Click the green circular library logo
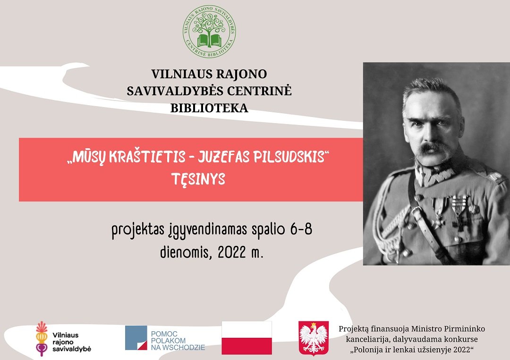209,32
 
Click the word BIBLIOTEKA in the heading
209,108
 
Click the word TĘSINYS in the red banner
198,179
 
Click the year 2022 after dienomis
231,252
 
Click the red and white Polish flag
246,338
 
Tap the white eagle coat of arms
314,338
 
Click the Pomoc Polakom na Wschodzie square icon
136,338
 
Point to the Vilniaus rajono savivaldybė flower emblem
42,339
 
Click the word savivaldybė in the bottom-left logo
72,349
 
